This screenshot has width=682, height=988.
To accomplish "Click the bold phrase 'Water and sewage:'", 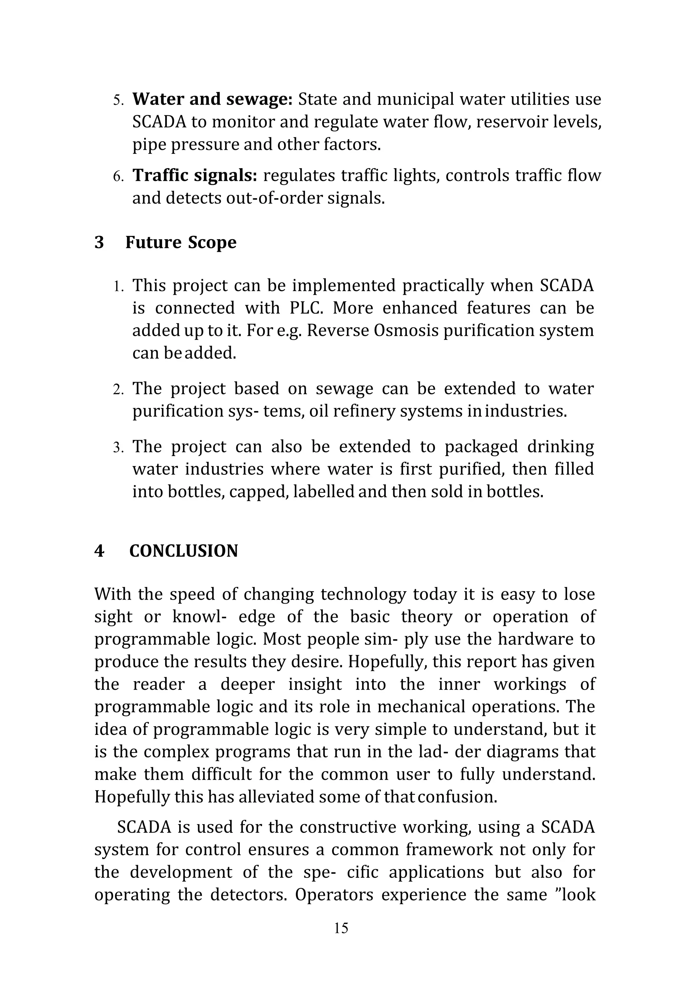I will [212, 99].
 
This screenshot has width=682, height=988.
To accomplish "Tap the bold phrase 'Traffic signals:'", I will [194, 175].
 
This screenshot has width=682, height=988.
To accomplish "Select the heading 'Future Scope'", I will [180, 242].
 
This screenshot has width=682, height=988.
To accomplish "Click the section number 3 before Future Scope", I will [99, 242].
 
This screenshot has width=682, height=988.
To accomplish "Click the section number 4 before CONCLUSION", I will [99, 551].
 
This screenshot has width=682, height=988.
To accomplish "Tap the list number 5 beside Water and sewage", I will [118, 100].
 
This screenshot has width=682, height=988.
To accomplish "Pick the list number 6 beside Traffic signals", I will [118, 177].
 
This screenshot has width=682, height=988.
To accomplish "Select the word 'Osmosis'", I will [406, 330].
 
